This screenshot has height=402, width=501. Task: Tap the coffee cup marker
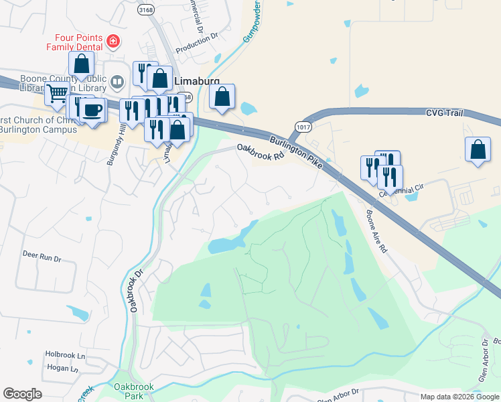tap(92, 109)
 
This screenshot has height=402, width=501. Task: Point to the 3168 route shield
tap(145, 10)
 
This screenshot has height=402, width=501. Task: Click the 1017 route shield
tap(303, 126)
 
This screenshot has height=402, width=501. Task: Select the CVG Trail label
tap(444, 113)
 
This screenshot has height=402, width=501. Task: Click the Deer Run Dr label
tap(42, 255)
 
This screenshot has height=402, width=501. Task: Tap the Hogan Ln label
tap(62, 368)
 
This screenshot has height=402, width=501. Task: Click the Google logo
tap(22, 394)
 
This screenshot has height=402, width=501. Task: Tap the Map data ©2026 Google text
tap(459, 397)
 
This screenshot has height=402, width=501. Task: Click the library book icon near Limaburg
tap(117, 82)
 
